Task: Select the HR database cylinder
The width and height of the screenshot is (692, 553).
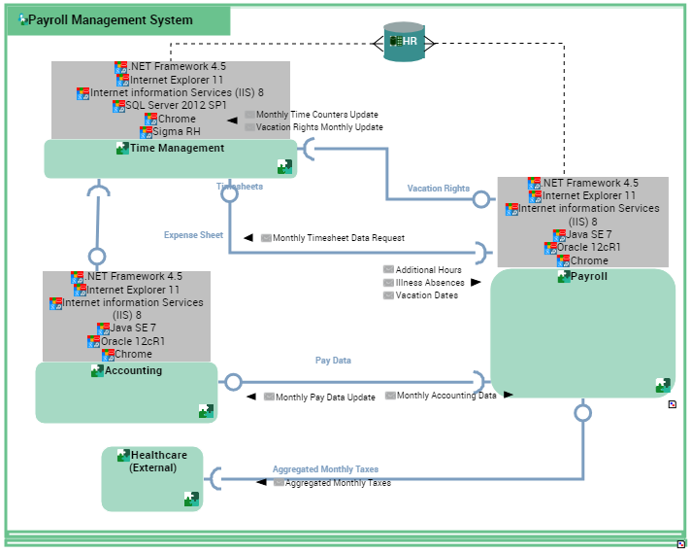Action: (404, 42)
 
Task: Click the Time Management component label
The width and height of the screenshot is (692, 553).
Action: (177, 149)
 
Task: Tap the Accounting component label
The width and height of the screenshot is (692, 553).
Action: (133, 370)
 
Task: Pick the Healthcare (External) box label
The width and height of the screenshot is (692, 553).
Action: (158, 461)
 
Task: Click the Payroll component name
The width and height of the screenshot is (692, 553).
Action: (588, 276)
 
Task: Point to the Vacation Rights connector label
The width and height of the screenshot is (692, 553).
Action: (438, 189)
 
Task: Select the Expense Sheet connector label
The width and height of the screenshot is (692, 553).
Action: (193, 235)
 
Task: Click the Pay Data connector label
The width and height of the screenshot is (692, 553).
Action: (333, 361)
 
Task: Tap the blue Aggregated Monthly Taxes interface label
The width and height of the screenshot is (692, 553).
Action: (325, 469)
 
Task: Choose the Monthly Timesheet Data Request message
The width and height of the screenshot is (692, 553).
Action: (338, 238)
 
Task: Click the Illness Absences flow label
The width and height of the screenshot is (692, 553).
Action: (430, 283)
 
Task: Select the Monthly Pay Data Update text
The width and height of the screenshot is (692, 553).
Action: (325, 397)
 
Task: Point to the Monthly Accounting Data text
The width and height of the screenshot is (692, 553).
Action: (446, 396)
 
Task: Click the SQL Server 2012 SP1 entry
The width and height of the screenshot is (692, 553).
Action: (176, 105)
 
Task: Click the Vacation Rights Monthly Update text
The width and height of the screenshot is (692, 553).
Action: (319, 127)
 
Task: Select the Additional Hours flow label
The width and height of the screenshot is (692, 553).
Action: (428, 270)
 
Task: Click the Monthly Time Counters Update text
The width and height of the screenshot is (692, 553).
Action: (317, 115)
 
